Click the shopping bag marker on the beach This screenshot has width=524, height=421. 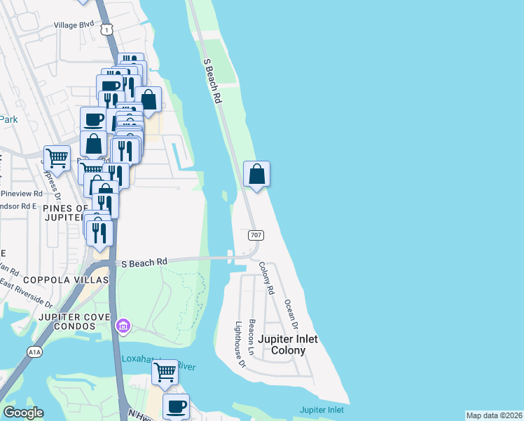tap(257, 174)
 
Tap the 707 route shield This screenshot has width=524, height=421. tap(255, 236)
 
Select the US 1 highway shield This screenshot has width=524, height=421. tap(106, 29)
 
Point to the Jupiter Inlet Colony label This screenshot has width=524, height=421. tap(288, 345)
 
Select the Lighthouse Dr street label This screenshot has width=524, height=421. tap(240, 344)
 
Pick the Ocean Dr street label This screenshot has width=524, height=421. tap(291, 316)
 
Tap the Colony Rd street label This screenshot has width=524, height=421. tap(266, 277)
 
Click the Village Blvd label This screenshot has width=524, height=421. tap(74, 25)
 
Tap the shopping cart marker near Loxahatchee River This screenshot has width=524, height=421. tap(165, 373)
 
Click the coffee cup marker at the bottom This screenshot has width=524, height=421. tap(176, 406)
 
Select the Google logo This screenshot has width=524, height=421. tap(23, 413)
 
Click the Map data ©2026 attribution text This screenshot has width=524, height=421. tap(495, 415)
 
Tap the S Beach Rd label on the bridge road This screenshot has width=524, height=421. tap(144, 262)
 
